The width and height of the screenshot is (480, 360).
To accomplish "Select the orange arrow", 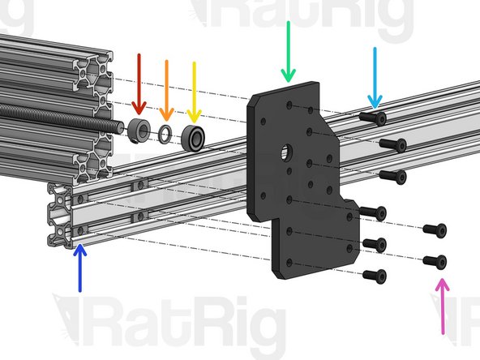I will pos(165,86).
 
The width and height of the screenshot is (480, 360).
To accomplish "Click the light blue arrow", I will pos(375,76).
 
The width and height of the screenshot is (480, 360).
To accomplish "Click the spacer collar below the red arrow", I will pos(138,128).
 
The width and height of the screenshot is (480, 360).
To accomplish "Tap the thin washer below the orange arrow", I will pos(165,132).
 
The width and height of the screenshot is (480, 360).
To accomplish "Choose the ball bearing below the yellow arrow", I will pos(194,135).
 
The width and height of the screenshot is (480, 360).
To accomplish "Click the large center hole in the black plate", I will pos(287,152).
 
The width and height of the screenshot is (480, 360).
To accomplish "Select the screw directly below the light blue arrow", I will pos(372,118).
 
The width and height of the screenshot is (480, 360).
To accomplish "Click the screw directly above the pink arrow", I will pos(435,261).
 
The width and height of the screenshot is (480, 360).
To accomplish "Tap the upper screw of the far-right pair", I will pos(435,229).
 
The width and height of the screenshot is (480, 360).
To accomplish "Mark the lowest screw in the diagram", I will pos(374,276).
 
